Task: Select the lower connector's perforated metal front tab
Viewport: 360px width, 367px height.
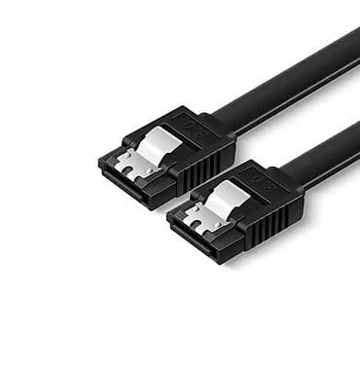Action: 198,220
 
